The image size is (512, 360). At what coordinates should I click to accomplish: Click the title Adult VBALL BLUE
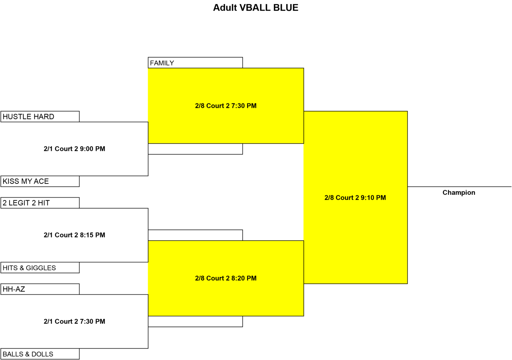[x=256, y=8]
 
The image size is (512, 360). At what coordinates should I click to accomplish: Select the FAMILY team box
[x=195, y=63]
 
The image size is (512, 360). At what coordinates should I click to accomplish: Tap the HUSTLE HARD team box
[x=40, y=117]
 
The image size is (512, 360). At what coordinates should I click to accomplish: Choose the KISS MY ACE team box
[x=40, y=181]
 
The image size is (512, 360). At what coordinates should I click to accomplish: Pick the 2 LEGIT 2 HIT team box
[x=40, y=203]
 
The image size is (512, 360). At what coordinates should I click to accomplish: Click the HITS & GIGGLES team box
[x=40, y=267]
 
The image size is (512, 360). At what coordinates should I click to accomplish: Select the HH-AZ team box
[x=40, y=289]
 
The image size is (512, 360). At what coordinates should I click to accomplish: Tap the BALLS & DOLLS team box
[x=40, y=354]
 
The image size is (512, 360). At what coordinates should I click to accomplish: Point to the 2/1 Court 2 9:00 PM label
[x=74, y=149]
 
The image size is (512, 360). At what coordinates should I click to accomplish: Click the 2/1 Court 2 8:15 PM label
[x=74, y=235]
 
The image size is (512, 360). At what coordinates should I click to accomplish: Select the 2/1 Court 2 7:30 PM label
[x=74, y=321]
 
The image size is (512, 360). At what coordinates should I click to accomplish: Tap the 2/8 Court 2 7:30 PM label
[x=226, y=106]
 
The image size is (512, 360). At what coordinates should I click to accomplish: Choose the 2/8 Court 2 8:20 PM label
[x=226, y=278]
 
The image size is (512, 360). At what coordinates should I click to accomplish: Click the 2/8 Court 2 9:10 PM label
[x=355, y=198]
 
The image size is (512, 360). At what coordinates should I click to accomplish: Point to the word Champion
[x=459, y=193]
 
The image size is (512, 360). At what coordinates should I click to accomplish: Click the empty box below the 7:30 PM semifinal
[x=195, y=149]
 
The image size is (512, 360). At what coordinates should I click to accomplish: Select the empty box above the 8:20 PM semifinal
[x=195, y=235]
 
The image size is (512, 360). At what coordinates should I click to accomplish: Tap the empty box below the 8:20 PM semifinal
[x=195, y=321]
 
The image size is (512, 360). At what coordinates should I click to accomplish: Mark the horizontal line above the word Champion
[x=459, y=187]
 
